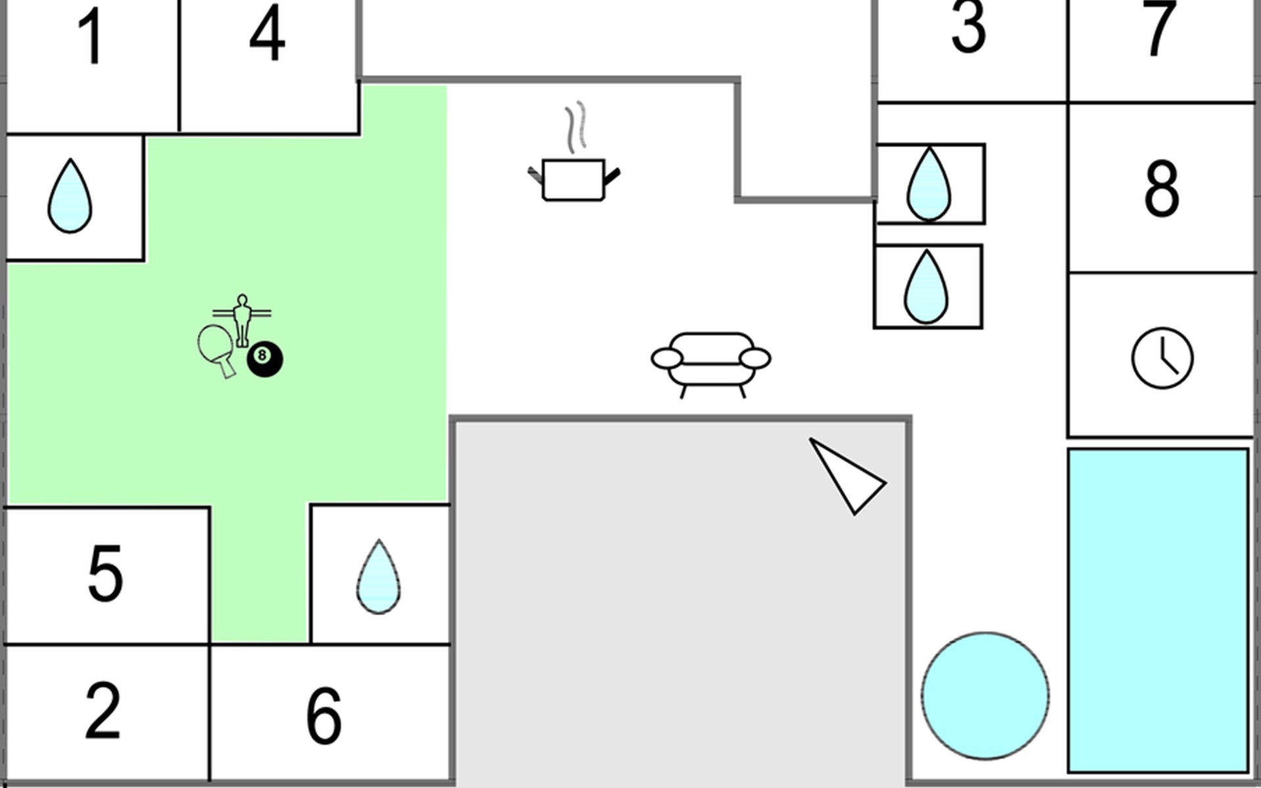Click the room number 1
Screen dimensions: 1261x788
91,37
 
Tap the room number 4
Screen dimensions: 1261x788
267,33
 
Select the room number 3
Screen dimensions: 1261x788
968,26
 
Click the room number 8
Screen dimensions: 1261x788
1161,188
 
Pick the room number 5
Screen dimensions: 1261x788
105,573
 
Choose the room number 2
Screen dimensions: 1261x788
103,710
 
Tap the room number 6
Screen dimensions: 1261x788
324,715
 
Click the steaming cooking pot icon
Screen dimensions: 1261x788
574,152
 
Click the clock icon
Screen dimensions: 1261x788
1162,358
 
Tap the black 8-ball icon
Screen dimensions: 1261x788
265,359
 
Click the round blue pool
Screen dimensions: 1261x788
985,696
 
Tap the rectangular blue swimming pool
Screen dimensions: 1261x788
1158,611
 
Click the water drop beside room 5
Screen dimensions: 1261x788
378,577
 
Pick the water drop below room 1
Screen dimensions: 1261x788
70,195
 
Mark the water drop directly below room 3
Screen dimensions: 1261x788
928,184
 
